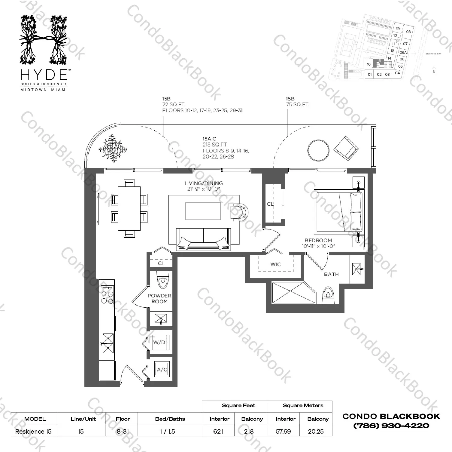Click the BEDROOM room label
point(318,240)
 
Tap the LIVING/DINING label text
point(203,183)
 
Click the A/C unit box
point(162,370)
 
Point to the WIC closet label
point(275,264)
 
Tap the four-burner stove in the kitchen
point(107,295)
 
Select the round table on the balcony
point(318,150)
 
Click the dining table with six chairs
point(129,208)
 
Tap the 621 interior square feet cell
point(218,432)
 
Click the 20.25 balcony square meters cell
point(316,432)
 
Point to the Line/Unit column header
point(83,419)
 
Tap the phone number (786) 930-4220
point(391,426)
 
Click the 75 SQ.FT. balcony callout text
point(297,105)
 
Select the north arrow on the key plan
point(434,69)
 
